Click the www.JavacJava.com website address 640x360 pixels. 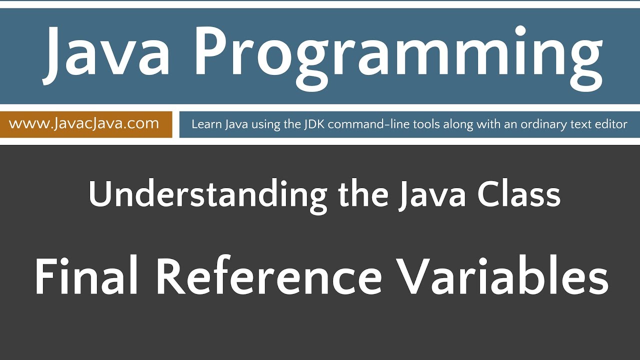(x=84, y=123)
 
